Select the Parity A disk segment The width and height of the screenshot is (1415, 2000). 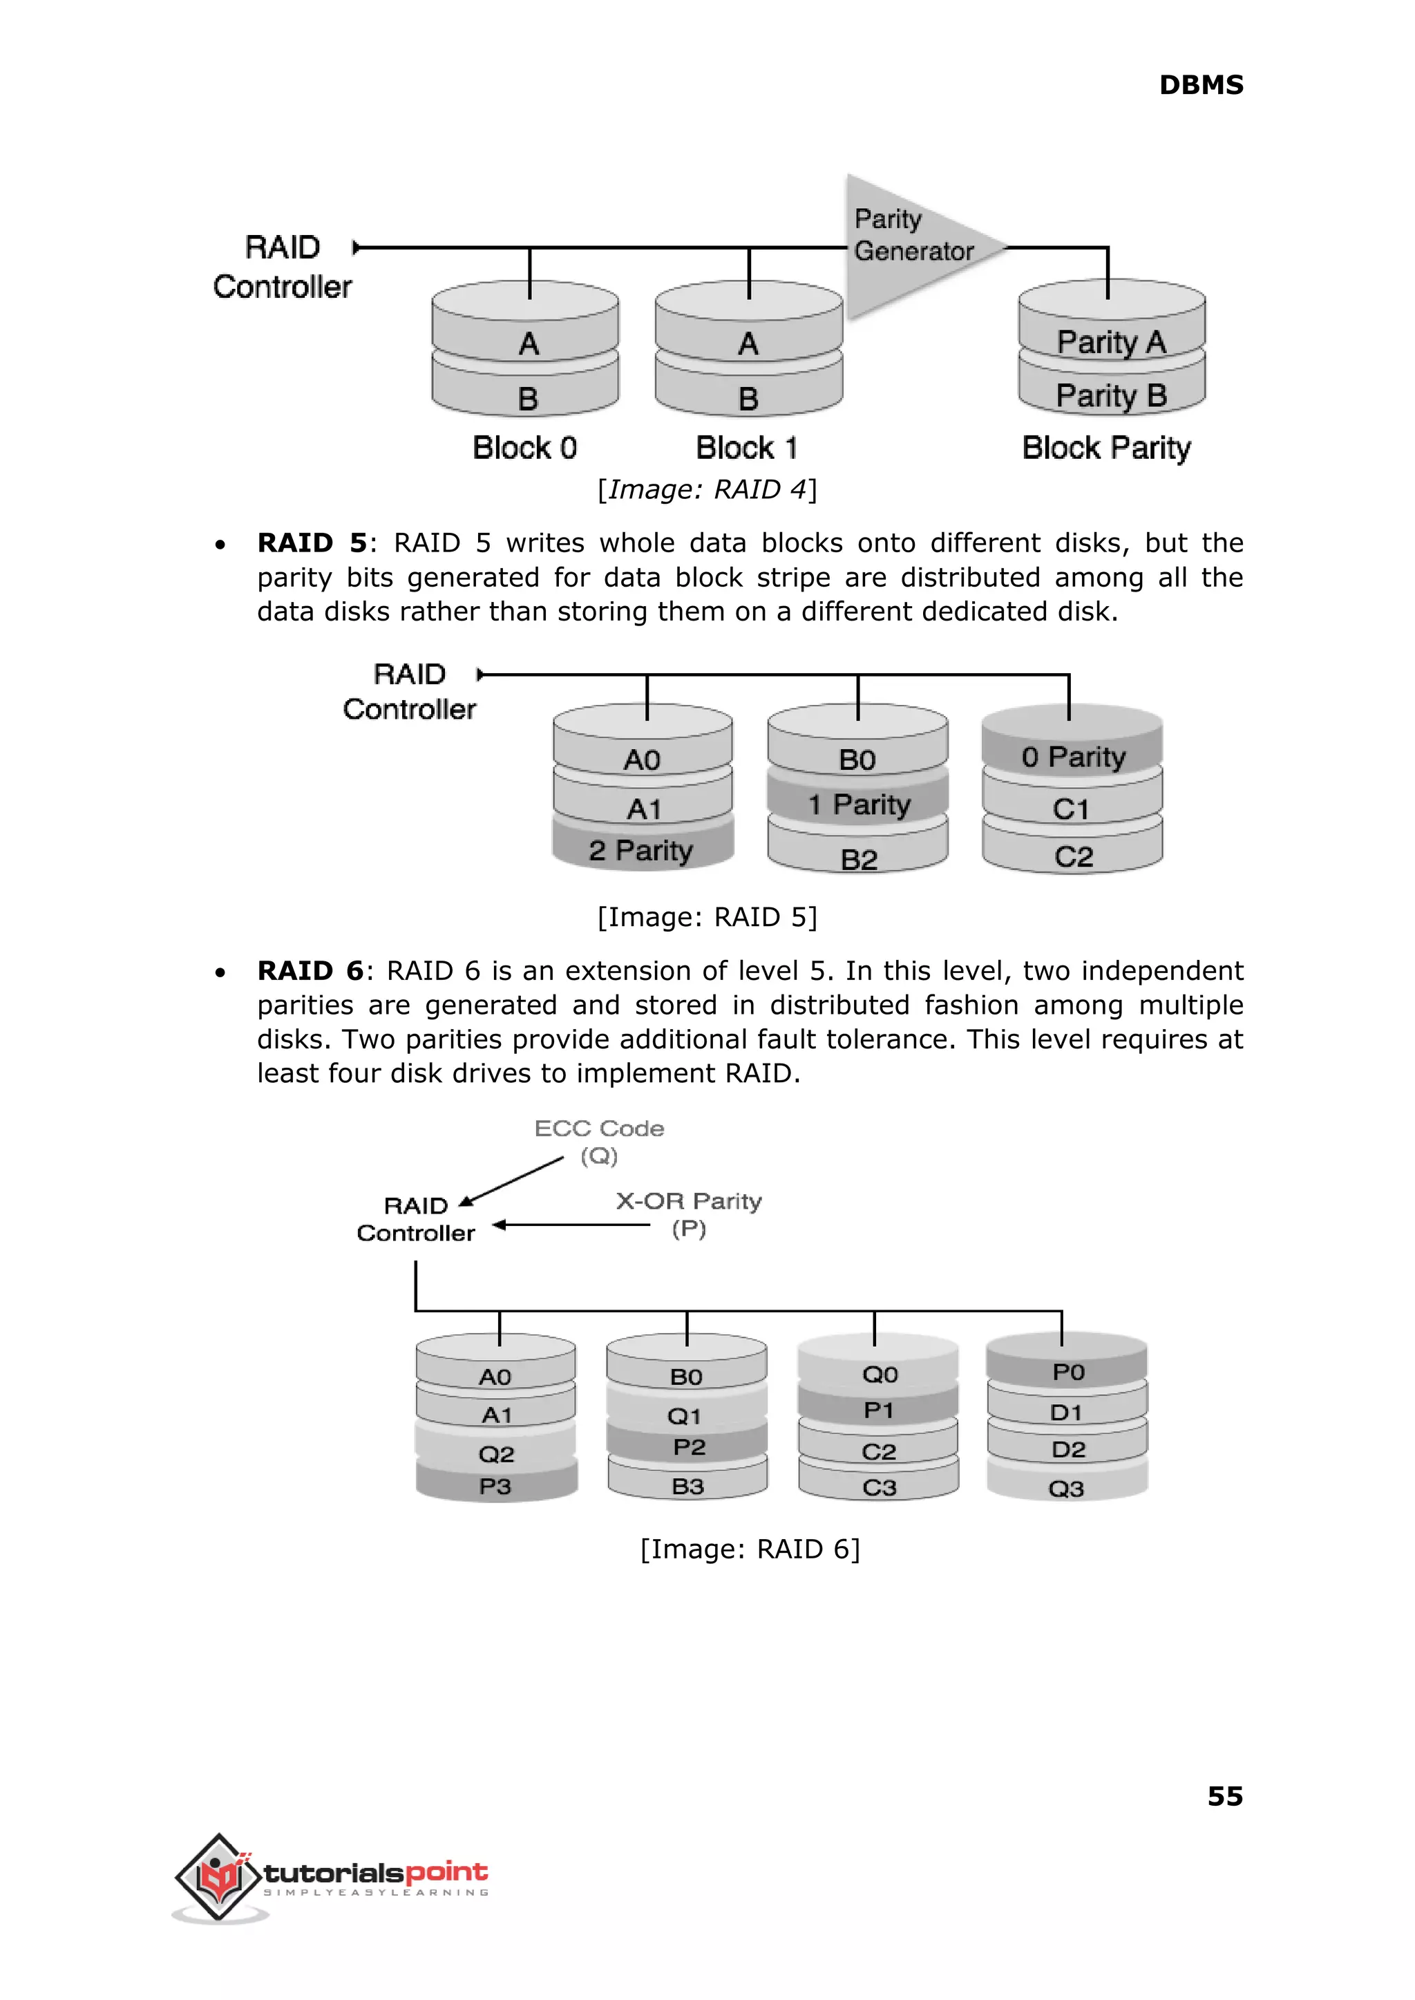coord(1111,341)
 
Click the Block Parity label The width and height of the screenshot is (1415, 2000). coord(1105,448)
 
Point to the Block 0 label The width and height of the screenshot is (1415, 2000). coord(524,448)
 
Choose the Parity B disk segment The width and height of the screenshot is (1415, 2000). coord(1111,395)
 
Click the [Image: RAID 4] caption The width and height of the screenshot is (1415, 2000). coord(707,490)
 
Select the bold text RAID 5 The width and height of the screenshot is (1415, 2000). coord(311,543)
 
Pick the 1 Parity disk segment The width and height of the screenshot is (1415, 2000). coord(858,804)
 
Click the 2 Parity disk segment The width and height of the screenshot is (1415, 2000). coord(642,849)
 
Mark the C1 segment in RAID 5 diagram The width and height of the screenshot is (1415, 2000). coord(1071,809)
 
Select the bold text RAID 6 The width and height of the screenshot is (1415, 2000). coord(310,971)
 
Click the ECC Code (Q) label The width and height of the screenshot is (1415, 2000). coord(600,1142)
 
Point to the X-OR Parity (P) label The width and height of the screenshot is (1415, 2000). coord(688,1214)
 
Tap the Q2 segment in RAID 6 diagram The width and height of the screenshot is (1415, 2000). coord(496,1453)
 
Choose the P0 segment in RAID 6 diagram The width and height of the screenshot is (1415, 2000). coord(1067,1372)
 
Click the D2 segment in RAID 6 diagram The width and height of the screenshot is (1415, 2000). coord(1067,1449)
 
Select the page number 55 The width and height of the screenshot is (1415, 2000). coord(1224,1796)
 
